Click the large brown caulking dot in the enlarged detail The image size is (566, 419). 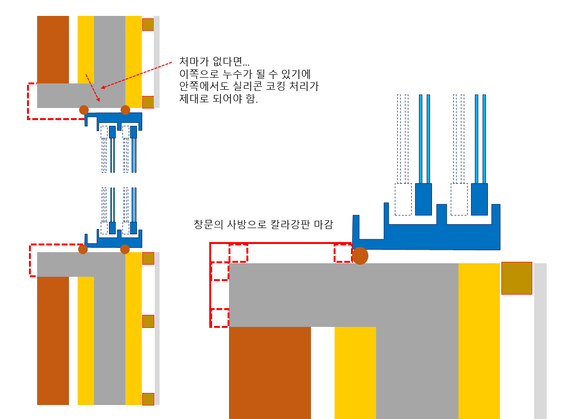coord(360,256)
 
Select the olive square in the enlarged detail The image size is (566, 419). coord(516,278)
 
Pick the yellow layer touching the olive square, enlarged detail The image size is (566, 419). coord(479,338)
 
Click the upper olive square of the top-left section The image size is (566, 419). coord(148,25)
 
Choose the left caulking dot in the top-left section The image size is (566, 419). coord(84,109)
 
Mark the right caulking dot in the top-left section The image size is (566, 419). coord(125,110)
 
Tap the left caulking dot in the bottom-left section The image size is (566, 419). coord(83,249)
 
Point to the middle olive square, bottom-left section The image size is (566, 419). coord(148,321)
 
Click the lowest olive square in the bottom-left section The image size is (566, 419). coord(148,399)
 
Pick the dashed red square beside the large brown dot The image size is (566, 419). coord(343,253)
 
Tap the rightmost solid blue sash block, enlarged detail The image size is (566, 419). coord(479,199)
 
